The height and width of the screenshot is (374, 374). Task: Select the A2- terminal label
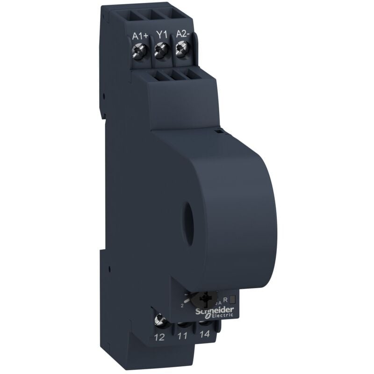[x=183, y=34]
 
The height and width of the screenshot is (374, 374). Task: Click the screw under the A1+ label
[x=139, y=48]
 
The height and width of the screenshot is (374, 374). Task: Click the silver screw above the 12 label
[x=160, y=320]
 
